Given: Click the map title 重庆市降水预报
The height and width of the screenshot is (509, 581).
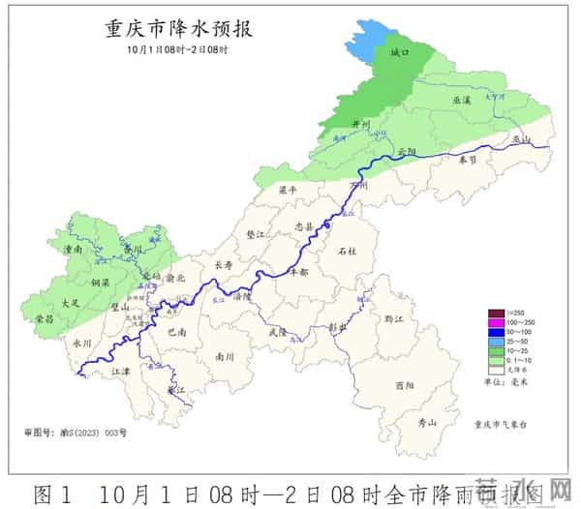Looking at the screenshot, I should [x=177, y=28].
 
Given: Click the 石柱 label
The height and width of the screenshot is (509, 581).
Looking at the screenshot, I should [x=347, y=251].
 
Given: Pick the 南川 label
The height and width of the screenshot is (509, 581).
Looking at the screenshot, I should [x=225, y=356].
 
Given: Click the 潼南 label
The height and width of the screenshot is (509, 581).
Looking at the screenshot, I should [x=72, y=250].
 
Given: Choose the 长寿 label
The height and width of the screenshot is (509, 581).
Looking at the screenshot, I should [x=224, y=264].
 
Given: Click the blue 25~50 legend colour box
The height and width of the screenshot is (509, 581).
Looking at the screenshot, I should [x=496, y=341].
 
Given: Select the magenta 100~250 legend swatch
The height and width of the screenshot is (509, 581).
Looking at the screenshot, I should [x=496, y=321].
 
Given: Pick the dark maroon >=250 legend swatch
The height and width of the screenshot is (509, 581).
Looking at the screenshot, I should [x=496, y=312].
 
